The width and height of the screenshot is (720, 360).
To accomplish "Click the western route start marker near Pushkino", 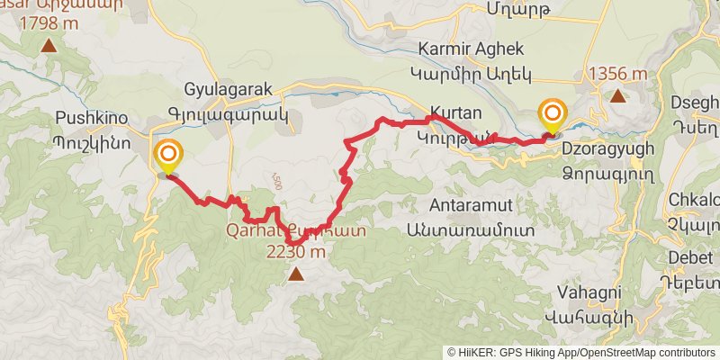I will (166, 155).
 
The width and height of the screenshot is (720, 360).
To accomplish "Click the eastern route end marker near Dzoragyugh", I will (552, 115).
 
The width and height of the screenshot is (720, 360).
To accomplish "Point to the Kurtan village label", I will (455, 114).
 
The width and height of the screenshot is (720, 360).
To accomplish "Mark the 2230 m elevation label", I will (294, 252).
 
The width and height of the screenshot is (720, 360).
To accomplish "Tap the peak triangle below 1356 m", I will (617, 95).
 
